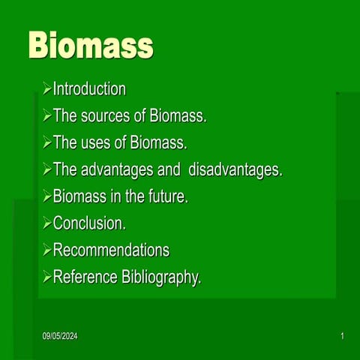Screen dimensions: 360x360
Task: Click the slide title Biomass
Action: click(90, 46)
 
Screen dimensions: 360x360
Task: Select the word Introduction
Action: click(89, 89)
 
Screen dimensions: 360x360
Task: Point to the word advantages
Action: click(117, 170)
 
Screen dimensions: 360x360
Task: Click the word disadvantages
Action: click(235, 170)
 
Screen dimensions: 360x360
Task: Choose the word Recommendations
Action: click(111, 250)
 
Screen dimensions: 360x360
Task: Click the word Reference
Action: click(85, 277)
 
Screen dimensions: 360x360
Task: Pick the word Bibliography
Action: click(161, 277)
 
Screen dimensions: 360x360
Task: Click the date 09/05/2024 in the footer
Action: click(60, 336)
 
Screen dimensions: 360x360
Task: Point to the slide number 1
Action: click(342, 336)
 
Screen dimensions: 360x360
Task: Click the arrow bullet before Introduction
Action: click(47, 90)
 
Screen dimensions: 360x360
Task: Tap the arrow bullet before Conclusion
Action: click(47, 223)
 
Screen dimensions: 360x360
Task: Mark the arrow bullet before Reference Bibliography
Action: click(47, 277)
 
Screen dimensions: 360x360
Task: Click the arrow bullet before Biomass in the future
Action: click(47, 197)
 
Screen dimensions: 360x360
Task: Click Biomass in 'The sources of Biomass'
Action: click(178, 116)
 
